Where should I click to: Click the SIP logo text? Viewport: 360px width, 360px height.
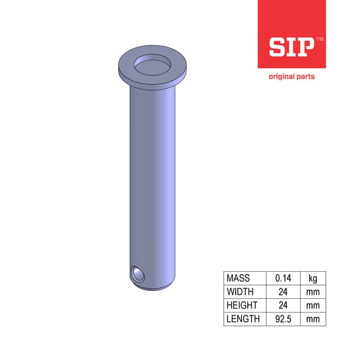click(291, 46)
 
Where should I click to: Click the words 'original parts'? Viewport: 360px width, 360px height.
click(292, 76)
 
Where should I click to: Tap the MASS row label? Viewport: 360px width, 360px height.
click(238, 278)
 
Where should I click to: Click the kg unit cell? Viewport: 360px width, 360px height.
click(313, 278)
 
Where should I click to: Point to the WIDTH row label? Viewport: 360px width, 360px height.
click(239, 292)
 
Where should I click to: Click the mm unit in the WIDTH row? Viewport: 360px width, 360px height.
click(313, 292)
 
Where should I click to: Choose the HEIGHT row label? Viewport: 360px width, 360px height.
click(241, 305)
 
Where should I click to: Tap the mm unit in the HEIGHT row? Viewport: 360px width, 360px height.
click(313, 305)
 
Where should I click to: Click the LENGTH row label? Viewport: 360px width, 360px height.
click(243, 319)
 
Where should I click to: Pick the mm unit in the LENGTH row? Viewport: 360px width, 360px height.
click(313, 319)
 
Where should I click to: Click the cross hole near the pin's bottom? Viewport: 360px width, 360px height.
click(138, 274)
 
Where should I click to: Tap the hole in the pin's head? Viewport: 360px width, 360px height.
click(152, 64)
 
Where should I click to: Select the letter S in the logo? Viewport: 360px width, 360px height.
click(276, 47)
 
